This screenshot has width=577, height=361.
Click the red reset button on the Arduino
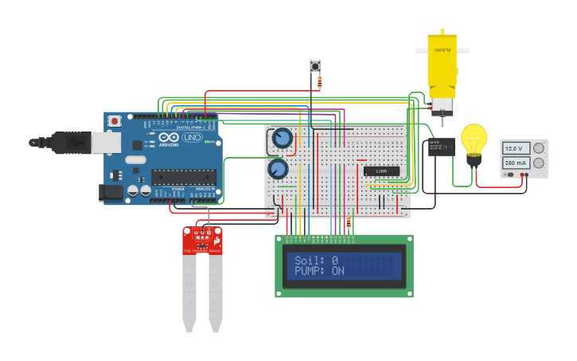click(115, 121)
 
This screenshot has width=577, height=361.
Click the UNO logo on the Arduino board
click(192, 137)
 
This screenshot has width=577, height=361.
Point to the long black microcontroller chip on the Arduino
click(183, 176)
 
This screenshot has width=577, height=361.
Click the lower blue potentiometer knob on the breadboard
click(278, 169)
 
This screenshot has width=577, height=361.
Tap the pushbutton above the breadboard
click(314, 65)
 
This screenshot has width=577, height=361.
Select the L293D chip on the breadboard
click(381, 171)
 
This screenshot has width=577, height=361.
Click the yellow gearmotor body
click(442, 64)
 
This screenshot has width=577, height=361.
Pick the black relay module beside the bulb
click(441, 146)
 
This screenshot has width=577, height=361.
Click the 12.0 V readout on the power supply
click(513, 148)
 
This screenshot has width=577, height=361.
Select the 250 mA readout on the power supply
click(513, 163)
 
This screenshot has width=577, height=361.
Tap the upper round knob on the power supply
click(539, 147)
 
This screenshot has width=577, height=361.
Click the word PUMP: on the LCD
click(311, 271)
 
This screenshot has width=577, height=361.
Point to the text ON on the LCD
click(337, 271)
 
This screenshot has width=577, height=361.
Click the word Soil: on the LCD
click(310, 261)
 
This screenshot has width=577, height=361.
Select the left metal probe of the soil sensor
click(189, 291)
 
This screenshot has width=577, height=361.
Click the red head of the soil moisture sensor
click(202, 240)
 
